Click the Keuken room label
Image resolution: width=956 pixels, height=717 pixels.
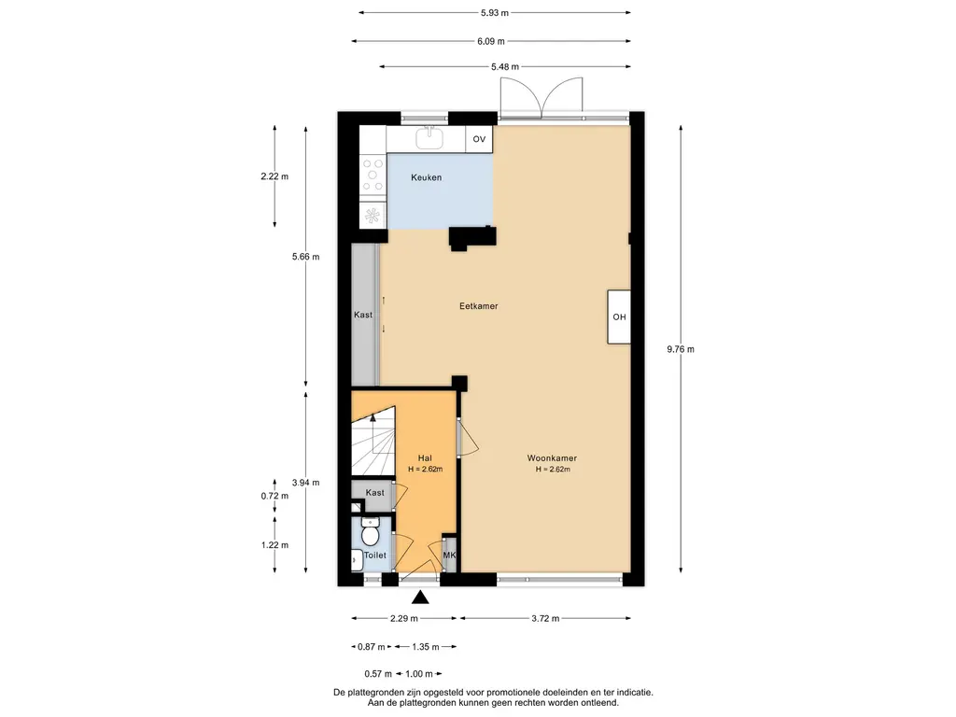(x=426, y=177)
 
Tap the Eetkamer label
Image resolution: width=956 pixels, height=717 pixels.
(x=479, y=306)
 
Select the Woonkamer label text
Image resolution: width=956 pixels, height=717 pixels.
(x=552, y=457)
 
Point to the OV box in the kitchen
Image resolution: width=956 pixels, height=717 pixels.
(x=479, y=139)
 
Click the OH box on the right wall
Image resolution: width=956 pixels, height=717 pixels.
(x=619, y=317)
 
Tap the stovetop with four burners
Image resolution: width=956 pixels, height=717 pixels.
(x=373, y=175)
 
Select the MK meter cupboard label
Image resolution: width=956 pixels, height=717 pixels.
(x=449, y=555)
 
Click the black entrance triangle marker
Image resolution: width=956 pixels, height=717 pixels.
(x=420, y=597)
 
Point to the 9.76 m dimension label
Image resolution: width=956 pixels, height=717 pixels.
(x=681, y=349)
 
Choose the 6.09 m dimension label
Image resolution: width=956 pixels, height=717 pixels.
(x=491, y=41)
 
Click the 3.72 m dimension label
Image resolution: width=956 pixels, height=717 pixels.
(x=545, y=618)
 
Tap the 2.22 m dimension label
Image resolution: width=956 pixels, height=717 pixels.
(x=274, y=176)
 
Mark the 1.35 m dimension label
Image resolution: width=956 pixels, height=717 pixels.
(x=426, y=647)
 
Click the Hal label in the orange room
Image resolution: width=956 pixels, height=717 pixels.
(x=425, y=457)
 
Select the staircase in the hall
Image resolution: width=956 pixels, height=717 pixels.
(x=373, y=442)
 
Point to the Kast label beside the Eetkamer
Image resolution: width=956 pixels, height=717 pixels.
(x=363, y=315)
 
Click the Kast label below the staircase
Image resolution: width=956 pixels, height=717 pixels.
(x=375, y=493)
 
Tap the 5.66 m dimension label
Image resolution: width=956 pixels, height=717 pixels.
(x=305, y=257)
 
